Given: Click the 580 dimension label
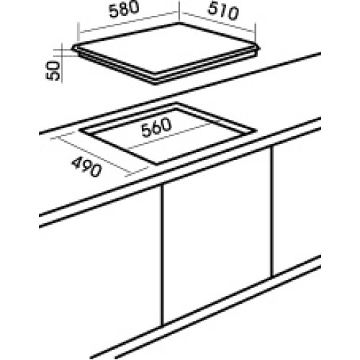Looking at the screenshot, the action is coord(124,9).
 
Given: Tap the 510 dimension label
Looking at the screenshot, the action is coord(223,12).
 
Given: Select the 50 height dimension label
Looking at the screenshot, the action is coord(53,71).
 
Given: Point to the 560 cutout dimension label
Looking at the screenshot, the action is coord(156,127).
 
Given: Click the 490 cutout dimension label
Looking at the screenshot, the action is coord(86,166).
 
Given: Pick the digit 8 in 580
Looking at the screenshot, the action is coord(124,10).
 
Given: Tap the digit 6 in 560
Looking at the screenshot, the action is coord(156,127).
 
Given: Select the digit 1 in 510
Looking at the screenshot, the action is coord(222,11).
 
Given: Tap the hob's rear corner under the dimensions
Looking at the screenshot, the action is coord(179,23).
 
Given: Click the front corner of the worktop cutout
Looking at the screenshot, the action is coord(157,165).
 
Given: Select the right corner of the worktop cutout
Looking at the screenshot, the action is coord(256,130).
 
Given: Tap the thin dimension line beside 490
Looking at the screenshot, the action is coord(93,156).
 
